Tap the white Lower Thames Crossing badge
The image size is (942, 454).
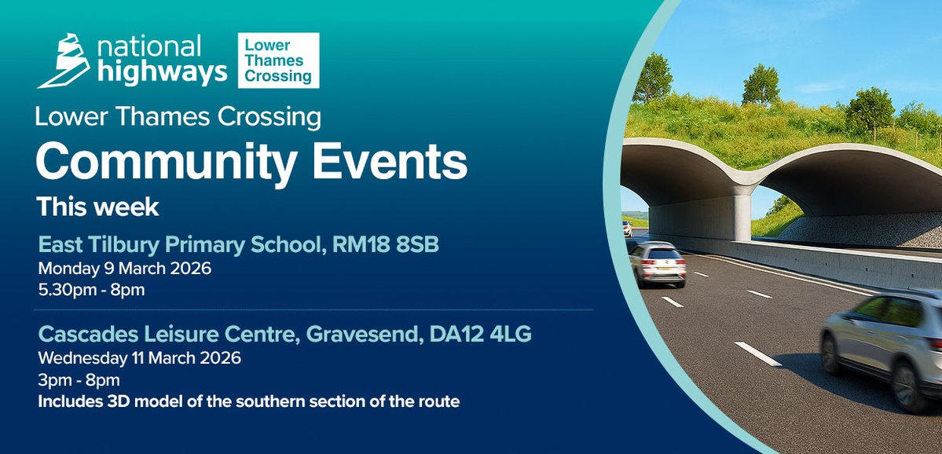278,60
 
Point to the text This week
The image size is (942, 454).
97,207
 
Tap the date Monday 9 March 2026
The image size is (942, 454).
125,269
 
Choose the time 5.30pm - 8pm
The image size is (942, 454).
92,289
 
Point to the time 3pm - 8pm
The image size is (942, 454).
79,380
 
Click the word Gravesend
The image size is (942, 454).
357,335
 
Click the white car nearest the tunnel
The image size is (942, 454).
657,263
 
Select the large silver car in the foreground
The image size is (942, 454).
884,342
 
